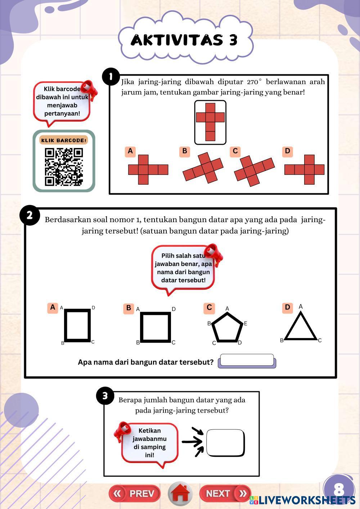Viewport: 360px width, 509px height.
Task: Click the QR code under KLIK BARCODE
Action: coord(64,167)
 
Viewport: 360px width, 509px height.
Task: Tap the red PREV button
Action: coord(135,494)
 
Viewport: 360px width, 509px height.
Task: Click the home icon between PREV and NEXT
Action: coord(180,493)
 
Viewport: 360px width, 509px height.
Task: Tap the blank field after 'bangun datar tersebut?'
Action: coord(247,361)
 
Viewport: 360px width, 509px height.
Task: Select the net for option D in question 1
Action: coord(304,170)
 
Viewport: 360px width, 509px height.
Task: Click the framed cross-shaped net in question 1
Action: coord(210,122)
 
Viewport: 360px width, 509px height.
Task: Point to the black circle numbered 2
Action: coord(30,215)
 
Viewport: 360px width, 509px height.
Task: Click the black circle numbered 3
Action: coord(105,396)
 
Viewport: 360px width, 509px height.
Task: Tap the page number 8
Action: coord(339,489)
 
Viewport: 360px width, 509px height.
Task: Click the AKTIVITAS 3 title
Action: coord(184,40)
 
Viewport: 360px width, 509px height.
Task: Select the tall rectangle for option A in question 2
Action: coord(77,325)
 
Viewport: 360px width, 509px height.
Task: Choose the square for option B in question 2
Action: coord(156,327)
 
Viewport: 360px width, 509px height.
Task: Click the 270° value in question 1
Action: coord(254,82)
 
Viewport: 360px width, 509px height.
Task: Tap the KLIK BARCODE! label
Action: coord(64,140)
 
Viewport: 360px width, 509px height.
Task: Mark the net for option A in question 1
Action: coord(148,170)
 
